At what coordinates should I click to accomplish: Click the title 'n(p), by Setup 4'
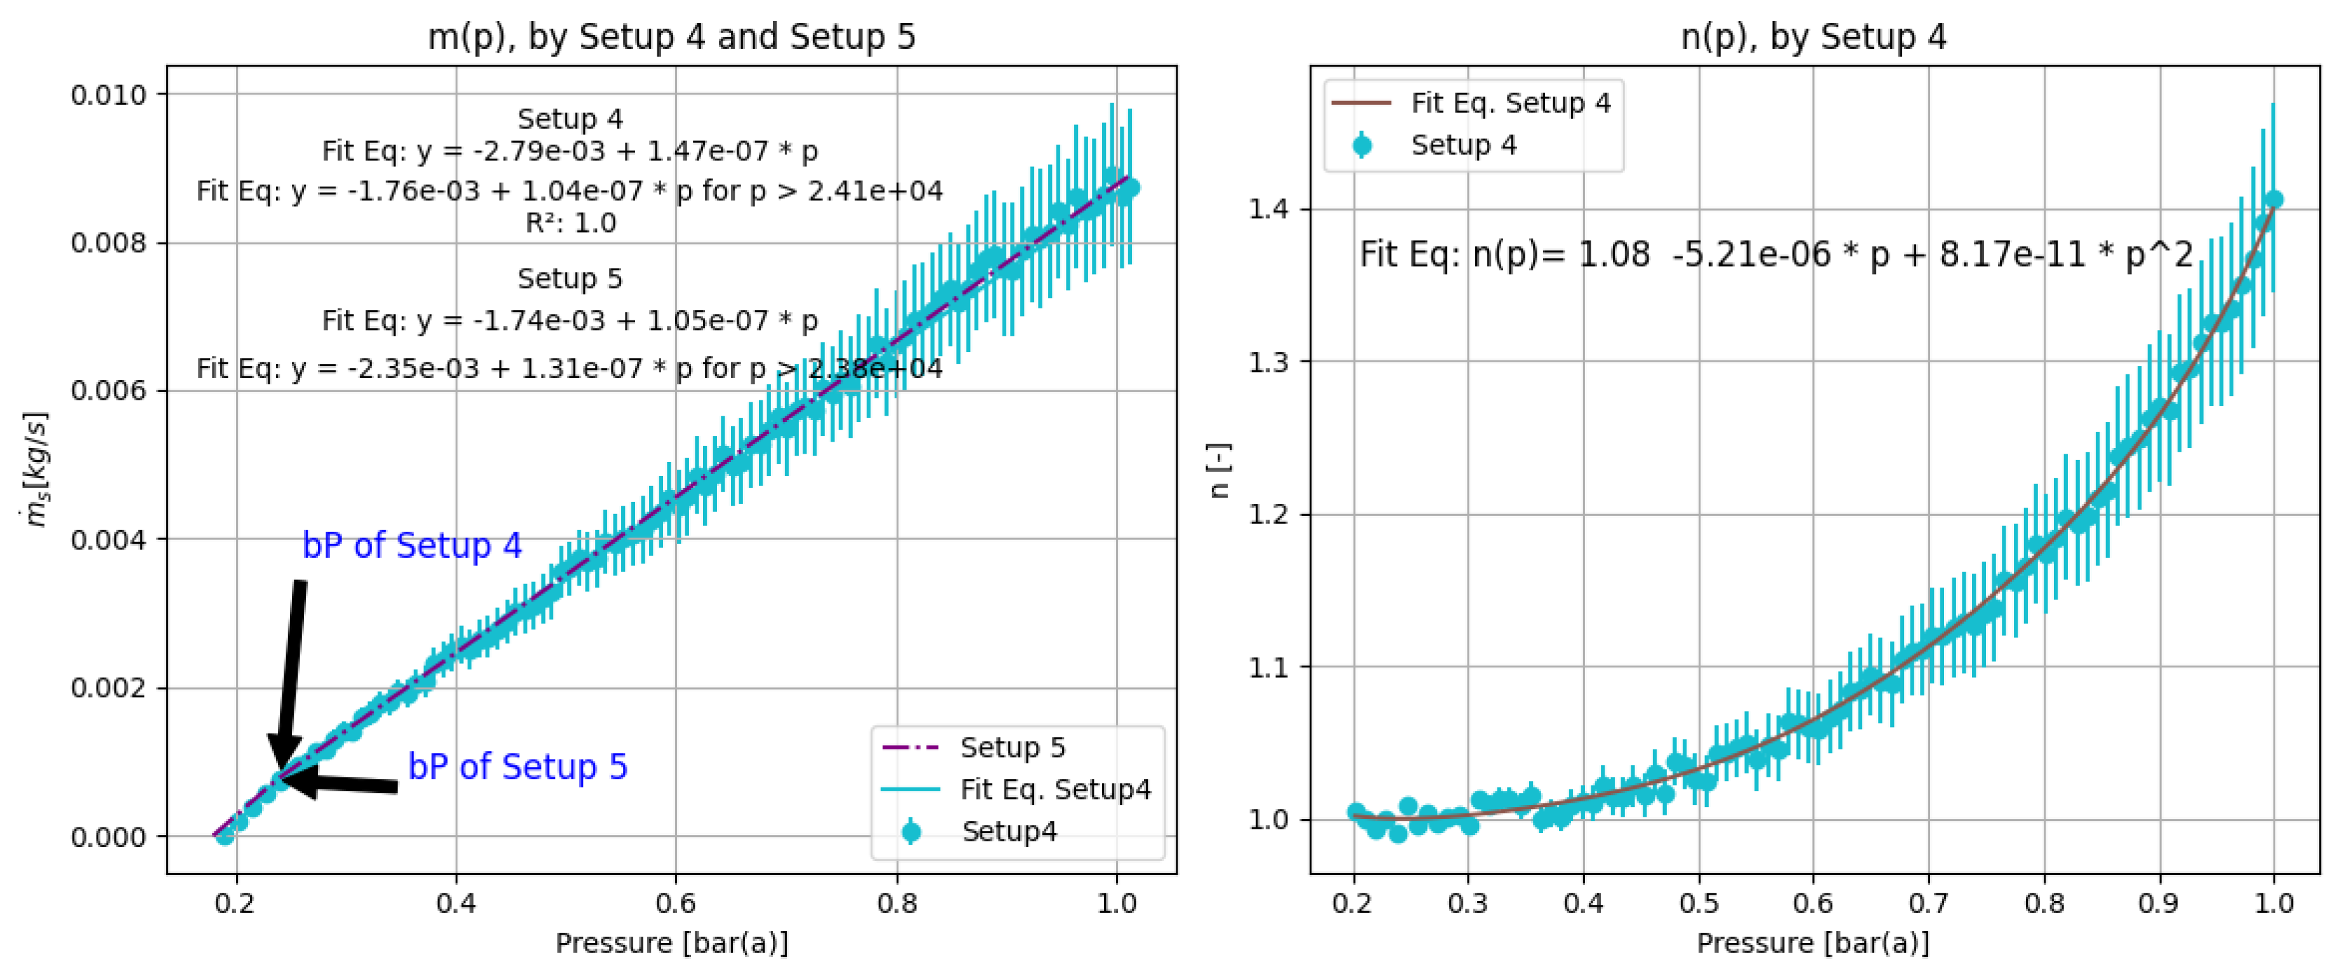pyautogui.click(x=1813, y=36)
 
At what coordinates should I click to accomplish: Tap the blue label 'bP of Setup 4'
pyautogui.click(x=412, y=545)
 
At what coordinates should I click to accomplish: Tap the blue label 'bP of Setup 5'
pyautogui.click(x=518, y=767)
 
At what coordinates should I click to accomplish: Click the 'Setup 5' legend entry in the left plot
pyautogui.click(x=1012, y=747)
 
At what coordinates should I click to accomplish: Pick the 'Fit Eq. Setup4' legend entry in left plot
pyautogui.click(x=1055, y=789)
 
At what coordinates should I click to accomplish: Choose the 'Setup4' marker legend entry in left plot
pyautogui.click(x=1009, y=831)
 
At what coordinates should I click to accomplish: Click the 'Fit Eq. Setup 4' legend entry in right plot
pyautogui.click(x=1509, y=103)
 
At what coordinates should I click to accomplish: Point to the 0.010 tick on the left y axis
pyautogui.click(x=108, y=95)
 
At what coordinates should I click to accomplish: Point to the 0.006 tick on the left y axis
pyautogui.click(x=108, y=391)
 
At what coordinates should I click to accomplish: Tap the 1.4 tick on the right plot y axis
pyautogui.click(x=1269, y=209)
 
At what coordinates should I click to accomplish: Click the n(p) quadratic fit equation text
pyautogui.click(x=1776, y=254)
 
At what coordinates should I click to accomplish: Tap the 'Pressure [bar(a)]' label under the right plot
pyautogui.click(x=1813, y=943)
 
